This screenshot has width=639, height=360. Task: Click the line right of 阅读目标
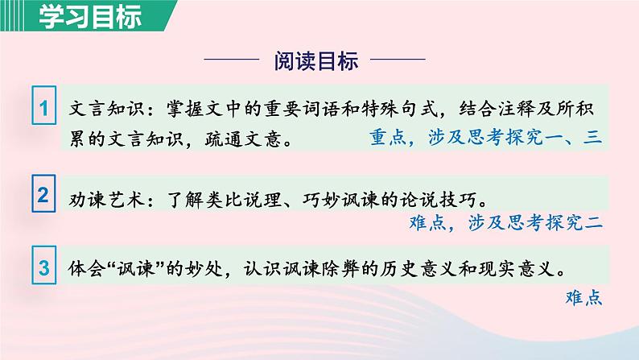397,61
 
